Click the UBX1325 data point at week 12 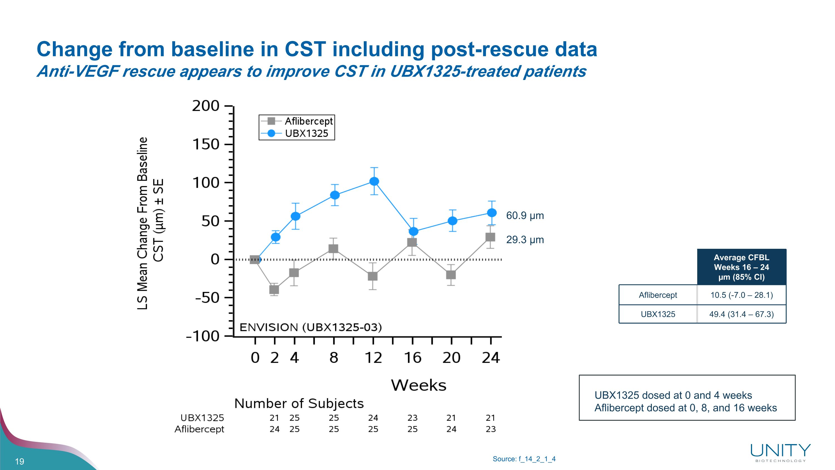click(374, 181)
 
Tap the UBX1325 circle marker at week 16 click(413, 231)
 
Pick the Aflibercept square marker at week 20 click(451, 275)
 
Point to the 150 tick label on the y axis click(206, 144)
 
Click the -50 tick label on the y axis click(207, 298)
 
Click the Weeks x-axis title click(418, 385)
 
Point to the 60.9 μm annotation click(525, 216)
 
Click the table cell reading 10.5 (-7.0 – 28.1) click(741, 295)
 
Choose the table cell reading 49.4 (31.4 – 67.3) click(741, 314)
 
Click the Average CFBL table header click(741, 267)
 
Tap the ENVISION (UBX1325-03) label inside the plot click(311, 327)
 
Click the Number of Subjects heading click(299, 403)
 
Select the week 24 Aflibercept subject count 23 click(490, 429)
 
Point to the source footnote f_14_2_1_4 click(524, 459)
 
